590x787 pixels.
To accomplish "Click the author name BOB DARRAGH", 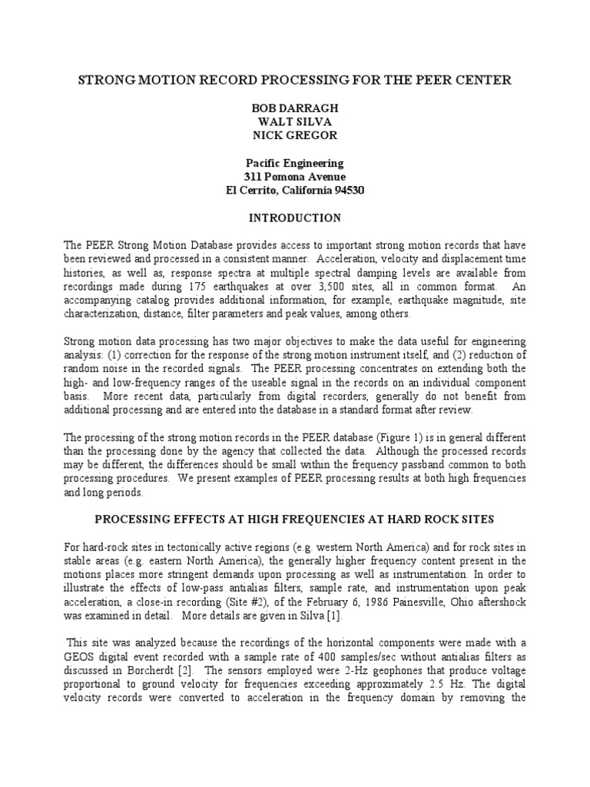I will (294, 108).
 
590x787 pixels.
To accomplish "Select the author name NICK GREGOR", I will (294, 135).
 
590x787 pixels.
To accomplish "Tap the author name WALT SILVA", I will (294, 121).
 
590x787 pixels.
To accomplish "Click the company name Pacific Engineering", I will (294, 163).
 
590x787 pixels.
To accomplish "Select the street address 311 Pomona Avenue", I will (294, 177).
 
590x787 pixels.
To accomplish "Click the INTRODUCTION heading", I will (294, 218).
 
